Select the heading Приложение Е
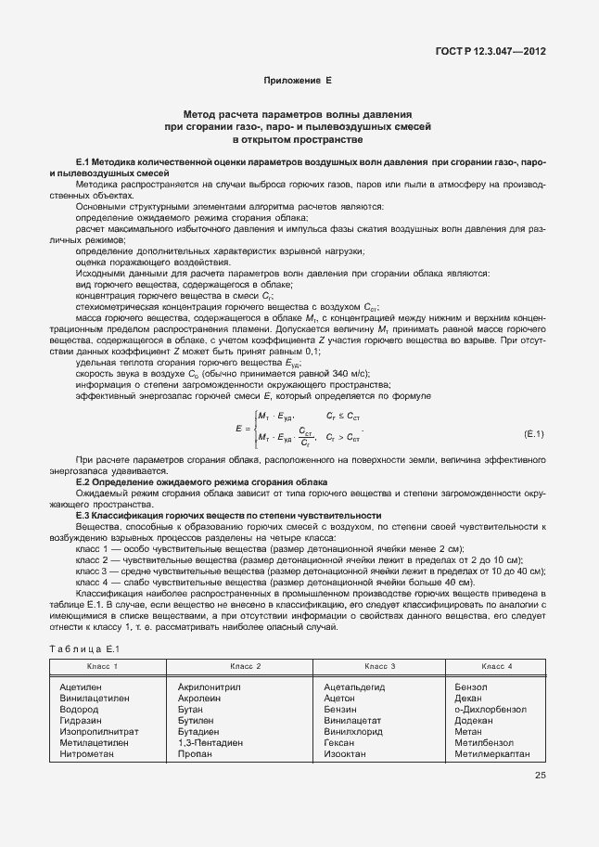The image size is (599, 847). tap(298, 81)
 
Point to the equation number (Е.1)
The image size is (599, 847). tap(534, 433)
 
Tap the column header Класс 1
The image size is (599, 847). tap(102, 667)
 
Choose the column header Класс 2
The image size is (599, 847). tap(245, 667)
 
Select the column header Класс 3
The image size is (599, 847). tap(380, 667)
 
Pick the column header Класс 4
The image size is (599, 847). tap(497, 667)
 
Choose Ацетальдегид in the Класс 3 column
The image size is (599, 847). tap(354, 687)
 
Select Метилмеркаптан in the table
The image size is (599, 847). tap(493, 754)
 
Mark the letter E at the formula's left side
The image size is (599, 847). tap(239, 430)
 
